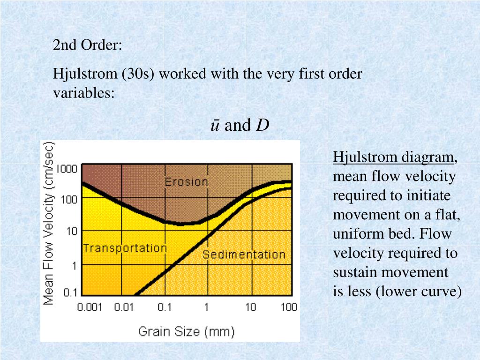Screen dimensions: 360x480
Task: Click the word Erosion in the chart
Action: (x=186, y=182)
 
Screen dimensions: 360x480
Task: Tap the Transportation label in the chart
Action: (x=125, y=248)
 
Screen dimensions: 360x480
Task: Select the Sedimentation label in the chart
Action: (x=244, y=255)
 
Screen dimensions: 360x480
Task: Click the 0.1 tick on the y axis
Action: (x=70, y=293)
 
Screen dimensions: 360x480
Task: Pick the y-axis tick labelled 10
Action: (x=72, y=231)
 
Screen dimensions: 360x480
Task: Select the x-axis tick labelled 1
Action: (x=206, y=307)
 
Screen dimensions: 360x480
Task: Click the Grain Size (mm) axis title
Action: (x=186, y=332)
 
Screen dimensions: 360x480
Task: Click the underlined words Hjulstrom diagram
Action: (x=394, y=157)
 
